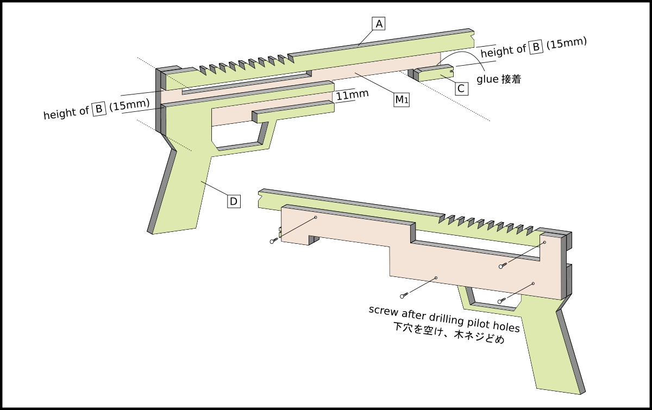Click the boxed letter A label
[x=379, y=24]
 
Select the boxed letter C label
[x=461, y=89]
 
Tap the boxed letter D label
[x=233, y=201]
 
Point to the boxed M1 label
[x=401, y=100]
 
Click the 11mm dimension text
[x=352, y=95]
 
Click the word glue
[x=487, y=79]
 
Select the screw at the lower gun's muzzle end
[x=273, y=241]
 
